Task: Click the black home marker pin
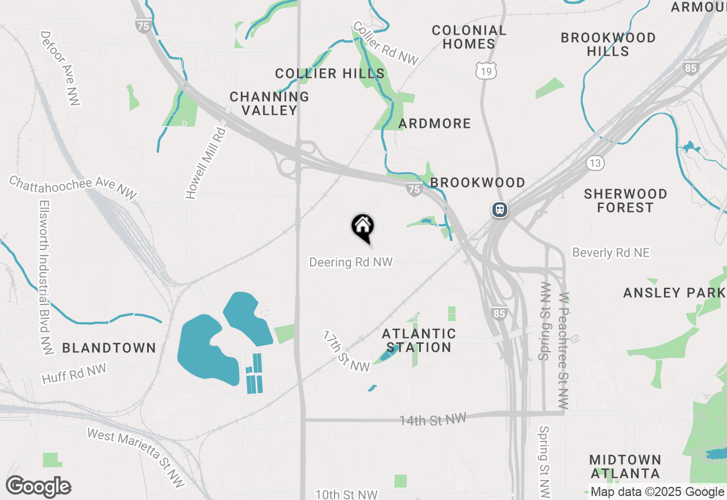tap(362, 227)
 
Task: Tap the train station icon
tap(500, 210)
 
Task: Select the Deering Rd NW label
tap(350, 262)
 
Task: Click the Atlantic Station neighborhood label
tap(419, 340)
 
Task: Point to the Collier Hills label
tap(330, 73)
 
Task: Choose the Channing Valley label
tap(269, 103)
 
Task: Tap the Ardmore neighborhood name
tap(434, 123)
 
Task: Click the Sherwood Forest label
tap(625, 201)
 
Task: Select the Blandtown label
tap(109, 348)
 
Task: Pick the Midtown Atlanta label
tap(625, 466)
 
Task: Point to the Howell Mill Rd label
tap(206, 163)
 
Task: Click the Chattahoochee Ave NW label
tap(73, 188)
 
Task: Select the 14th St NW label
tap(432, 420)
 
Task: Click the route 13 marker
tap(595, 164)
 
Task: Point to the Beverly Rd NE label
tap(611, 253)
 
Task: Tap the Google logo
tap(38, 487)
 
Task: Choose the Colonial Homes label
tap(469, 37)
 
